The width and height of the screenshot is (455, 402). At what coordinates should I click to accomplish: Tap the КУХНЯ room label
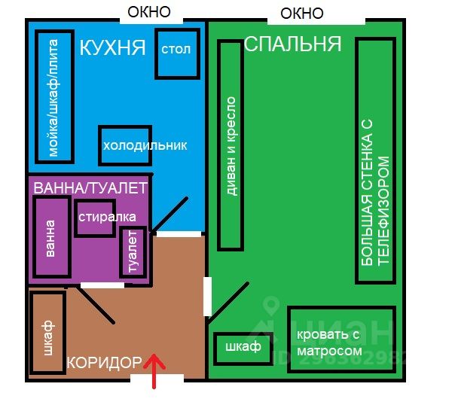(112, 49)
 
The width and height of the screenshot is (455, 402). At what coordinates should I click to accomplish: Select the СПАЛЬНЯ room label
(292, 44)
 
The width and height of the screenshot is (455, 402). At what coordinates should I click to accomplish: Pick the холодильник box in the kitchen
(144, 145)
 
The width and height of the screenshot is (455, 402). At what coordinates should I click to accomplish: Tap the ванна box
(50, 239)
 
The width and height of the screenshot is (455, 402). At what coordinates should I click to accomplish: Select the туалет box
(133, 253)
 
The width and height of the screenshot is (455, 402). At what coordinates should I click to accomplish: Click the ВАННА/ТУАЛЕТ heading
(90, 187)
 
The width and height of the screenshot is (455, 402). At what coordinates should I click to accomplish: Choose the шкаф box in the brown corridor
(47, 333)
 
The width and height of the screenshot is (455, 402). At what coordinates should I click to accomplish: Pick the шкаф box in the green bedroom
(242, 347)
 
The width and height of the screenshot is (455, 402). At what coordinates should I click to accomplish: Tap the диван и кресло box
(231, 145)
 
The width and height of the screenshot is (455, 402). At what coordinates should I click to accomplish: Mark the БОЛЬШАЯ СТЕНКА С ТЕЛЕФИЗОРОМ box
(376, 160)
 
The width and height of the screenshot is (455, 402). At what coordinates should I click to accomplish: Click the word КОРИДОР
(103, 363)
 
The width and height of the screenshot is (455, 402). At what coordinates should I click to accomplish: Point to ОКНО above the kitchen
(148, 11)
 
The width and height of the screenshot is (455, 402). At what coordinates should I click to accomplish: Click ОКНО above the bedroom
(301, 13)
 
